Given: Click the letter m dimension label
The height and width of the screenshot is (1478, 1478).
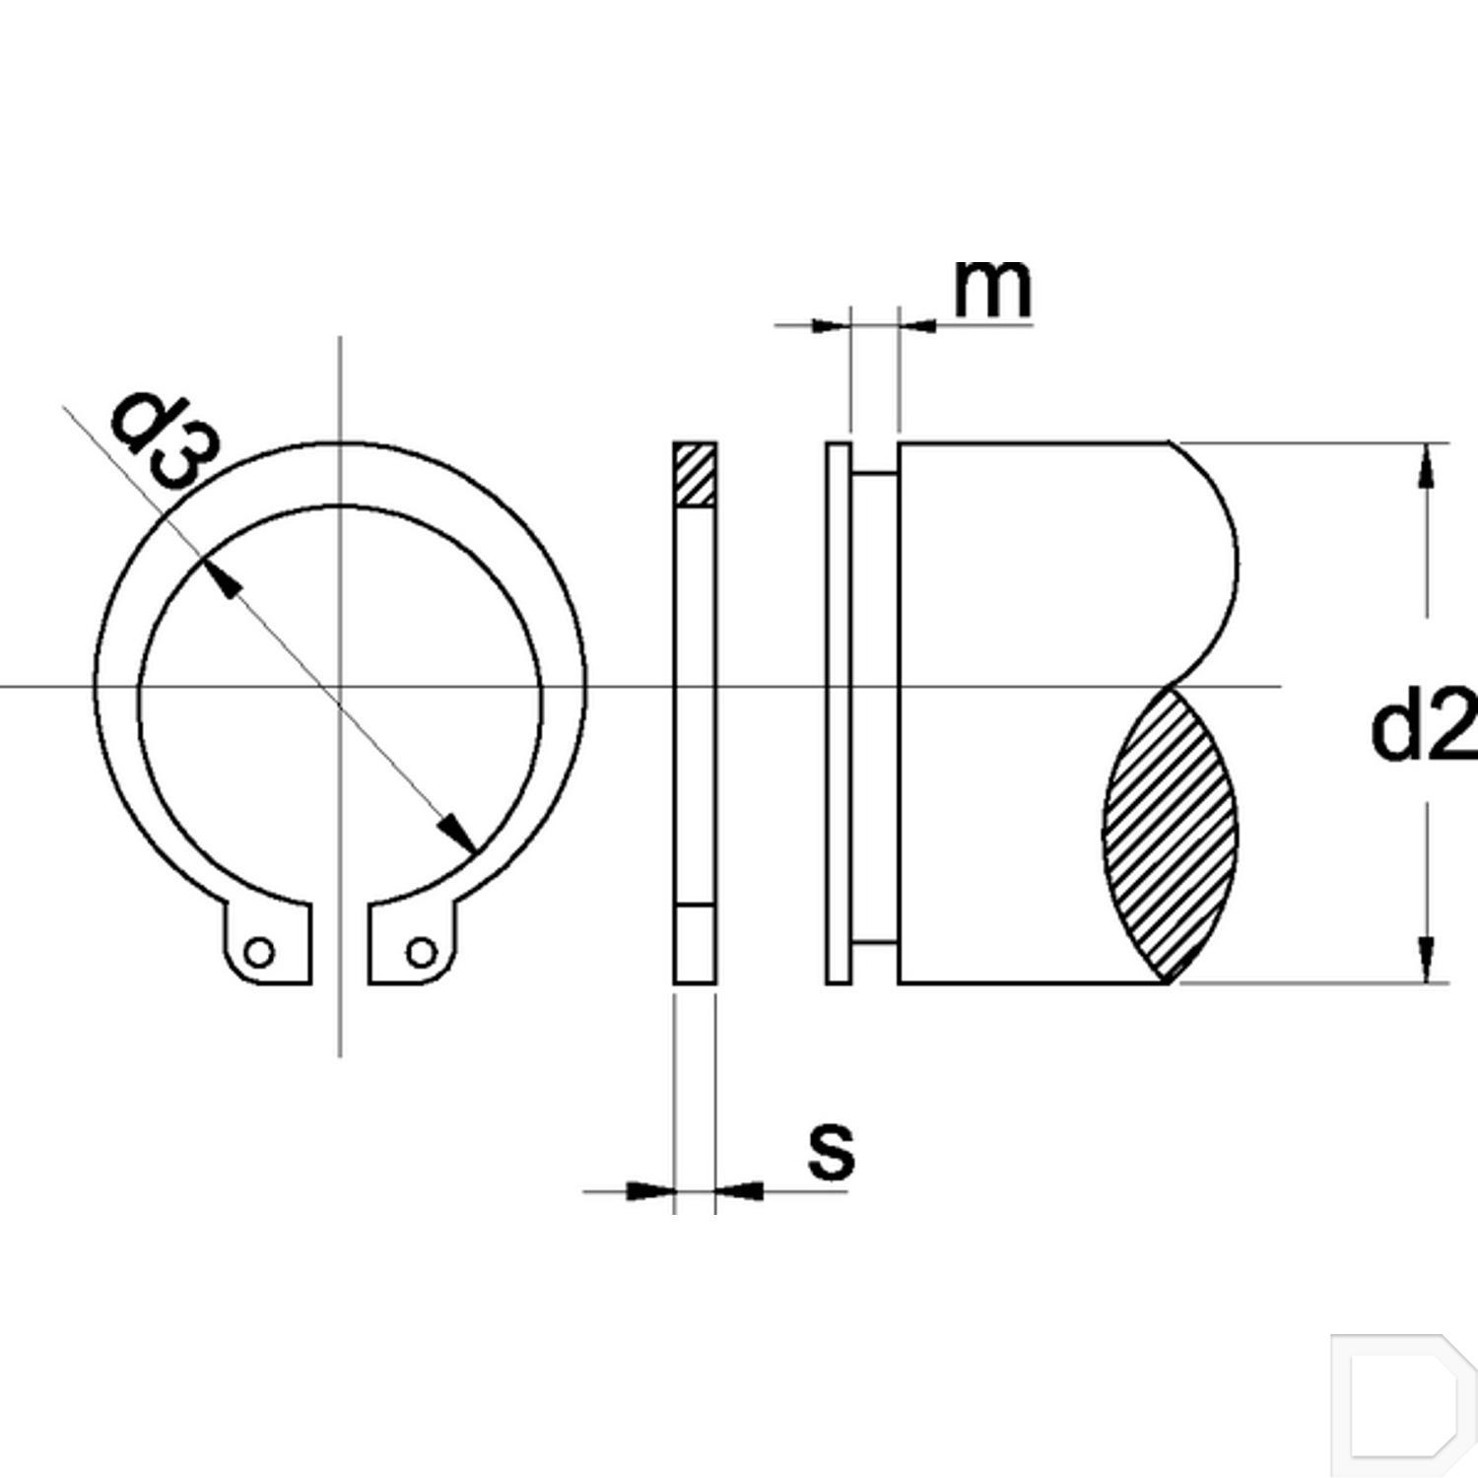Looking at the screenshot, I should [992, 291].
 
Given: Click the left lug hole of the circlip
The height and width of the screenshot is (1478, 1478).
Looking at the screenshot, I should [260, 953].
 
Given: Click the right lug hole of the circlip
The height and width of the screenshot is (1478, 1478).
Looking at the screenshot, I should [421, 953].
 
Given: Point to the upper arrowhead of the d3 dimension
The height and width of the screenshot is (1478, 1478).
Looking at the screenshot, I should [221, 578].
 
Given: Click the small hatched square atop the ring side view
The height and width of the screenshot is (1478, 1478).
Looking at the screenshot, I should [695, 475].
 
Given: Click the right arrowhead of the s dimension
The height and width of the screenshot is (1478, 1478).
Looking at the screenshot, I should [739, 1191].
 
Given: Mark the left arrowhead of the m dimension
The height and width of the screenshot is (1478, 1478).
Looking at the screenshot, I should [828, 325].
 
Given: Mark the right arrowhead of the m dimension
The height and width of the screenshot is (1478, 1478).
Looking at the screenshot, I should [918, 325].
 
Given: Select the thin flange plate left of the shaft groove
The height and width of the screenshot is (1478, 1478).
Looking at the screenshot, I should [838, 711].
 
